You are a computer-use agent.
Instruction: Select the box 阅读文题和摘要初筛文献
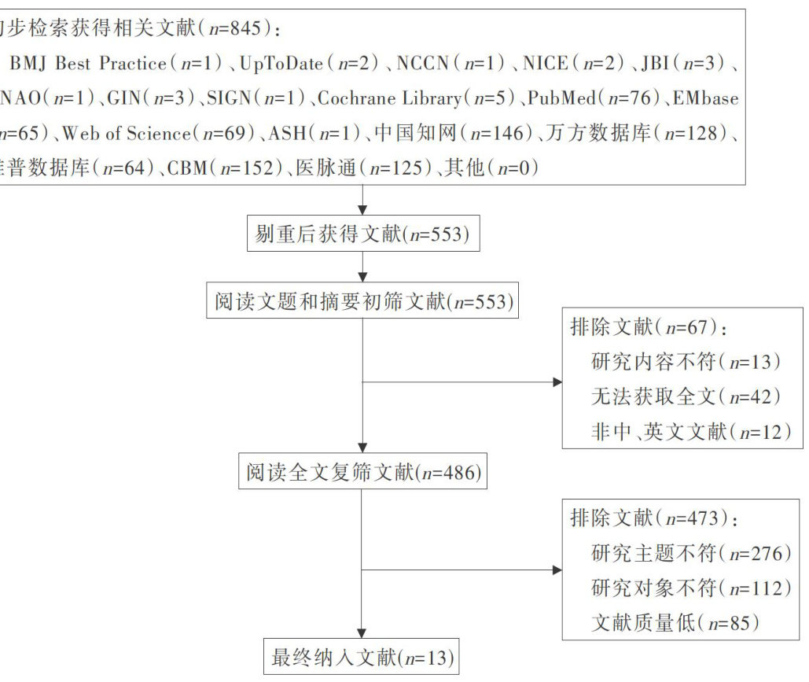[x=362, y=301]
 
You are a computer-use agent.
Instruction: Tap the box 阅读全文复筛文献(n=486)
[x=362, y=472]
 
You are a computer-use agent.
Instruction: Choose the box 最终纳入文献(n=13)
[x=362, y=658]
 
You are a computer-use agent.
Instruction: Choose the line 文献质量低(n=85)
[x=675, y=623]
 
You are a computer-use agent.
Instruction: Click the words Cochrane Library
[x=390, y=98]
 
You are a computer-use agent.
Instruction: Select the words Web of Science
[x=126, y=133]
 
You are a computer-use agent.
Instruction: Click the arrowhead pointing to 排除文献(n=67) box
[x=557, y=382]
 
